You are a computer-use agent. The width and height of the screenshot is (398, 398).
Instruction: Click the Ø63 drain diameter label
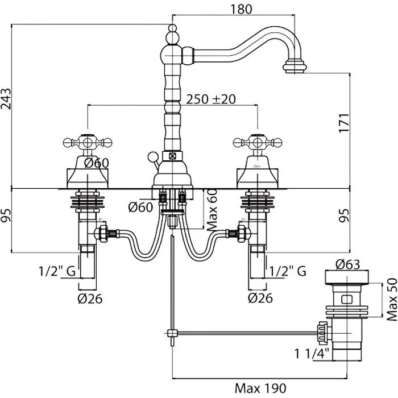(347, 264)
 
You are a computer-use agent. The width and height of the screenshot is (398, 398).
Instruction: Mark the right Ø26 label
(260, 297)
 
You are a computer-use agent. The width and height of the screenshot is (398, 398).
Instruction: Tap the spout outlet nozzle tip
(296, 68)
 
